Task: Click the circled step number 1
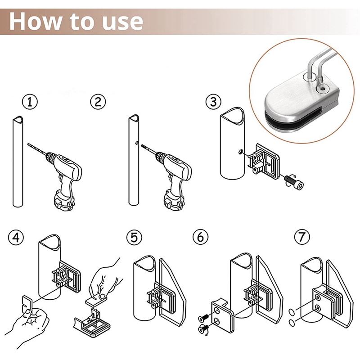30,102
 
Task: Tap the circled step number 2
98,102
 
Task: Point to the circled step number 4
17,237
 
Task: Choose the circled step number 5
134,237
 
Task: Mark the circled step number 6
200,237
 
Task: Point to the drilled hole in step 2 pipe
136,144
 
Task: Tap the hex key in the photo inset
322,63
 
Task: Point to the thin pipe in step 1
17,162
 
